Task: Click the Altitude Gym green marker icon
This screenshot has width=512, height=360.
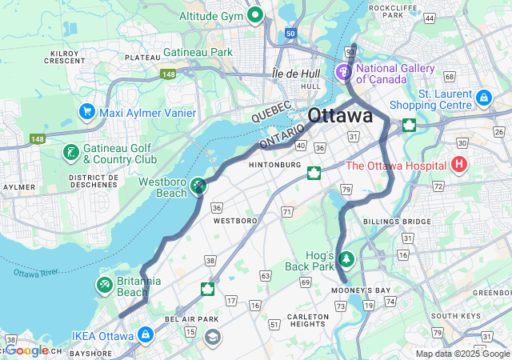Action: [x=255, y=15]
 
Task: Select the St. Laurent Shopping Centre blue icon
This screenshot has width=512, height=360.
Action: [x=483, y=98]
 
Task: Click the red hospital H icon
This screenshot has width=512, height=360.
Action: [x=459, y=166]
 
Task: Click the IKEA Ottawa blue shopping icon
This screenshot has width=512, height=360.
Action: [x=146, y=334]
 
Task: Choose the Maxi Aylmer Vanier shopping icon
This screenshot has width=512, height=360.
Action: [x=87, y=112]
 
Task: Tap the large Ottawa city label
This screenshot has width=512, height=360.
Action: [x=340, y=115]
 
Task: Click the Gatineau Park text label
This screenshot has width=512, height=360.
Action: [x=198, y=52]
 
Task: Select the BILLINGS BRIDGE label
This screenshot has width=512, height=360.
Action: [x=390, y=221]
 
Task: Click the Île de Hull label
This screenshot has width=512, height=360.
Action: [x=297, y=73]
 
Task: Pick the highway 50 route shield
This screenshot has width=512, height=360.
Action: [x=290, y=34]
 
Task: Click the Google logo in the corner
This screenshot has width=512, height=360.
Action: [x=28, y=350]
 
